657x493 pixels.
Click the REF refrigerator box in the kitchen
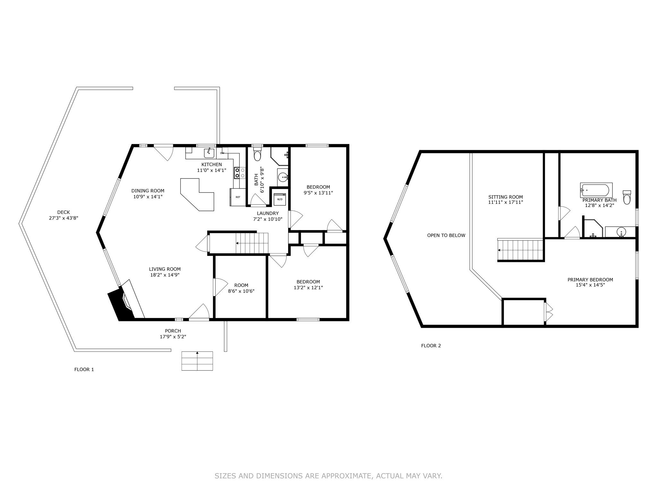238,197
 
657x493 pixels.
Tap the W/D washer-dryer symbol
280,199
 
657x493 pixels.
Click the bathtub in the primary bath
596,190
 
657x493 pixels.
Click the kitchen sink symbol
209,153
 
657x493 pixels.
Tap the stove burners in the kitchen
237,173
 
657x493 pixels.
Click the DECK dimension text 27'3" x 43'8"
64,218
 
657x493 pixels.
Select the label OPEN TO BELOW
446,235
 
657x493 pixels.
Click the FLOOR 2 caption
431,346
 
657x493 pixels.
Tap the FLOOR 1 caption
84,369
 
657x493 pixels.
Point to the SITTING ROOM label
505,197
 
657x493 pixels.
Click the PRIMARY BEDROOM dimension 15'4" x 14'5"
590,285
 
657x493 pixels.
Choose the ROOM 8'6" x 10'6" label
241,288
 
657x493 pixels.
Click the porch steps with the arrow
197,361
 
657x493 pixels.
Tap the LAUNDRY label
268,213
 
